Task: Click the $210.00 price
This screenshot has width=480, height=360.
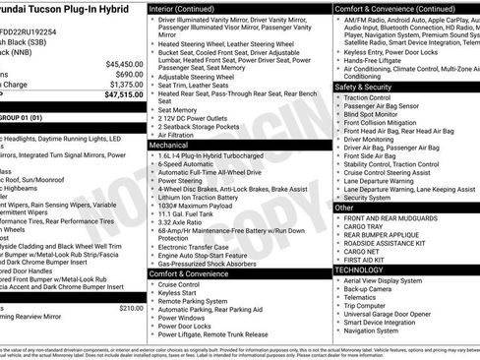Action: (130, 308)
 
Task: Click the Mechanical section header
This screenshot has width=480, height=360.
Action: (170, 144)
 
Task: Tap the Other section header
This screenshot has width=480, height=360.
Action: (344, 208)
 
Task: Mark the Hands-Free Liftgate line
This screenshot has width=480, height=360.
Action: (381, 59)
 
